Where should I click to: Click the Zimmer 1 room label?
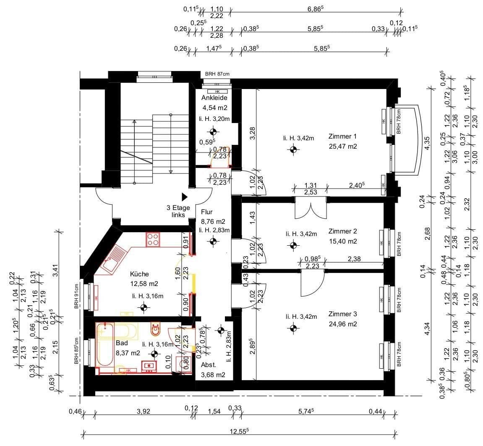tap(342, 136)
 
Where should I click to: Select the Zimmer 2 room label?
tap(342, 231)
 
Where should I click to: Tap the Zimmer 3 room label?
tap(342, 314)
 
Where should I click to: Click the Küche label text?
tap(139, 273)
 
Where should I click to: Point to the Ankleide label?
tap(214, 98)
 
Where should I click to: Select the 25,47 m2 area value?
tap(343, 147)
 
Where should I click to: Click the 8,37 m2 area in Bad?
tap(128, 353)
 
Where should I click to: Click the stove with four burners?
tap(153, 239)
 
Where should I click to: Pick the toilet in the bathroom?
tap(156, 329)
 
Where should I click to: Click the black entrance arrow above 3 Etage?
tap(184, 197)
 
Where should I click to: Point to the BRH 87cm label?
tap(217, 74)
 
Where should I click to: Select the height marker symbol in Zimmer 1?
tap(293, 149)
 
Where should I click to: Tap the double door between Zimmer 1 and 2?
tap(311, 210)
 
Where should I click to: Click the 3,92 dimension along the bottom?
tap(143, 412)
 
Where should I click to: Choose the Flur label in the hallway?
tap(207, 212)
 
